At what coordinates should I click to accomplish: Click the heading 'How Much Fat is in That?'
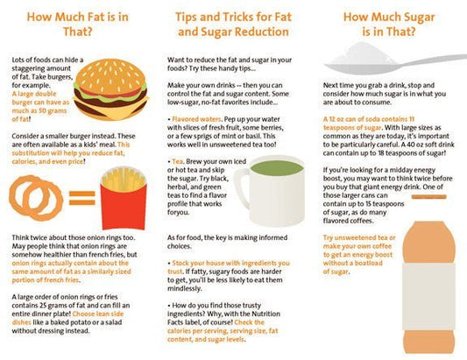[77, 25]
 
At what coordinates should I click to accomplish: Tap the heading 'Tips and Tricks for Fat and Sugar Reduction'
[233, 25]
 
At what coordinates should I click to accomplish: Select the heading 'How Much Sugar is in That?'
[389, 25]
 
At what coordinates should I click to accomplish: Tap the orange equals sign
[81, 198]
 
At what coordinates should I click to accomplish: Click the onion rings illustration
[36, 198]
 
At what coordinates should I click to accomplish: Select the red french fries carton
[124, 207]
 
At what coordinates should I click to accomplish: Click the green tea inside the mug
[276, 168]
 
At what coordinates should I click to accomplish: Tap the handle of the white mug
[241, 187]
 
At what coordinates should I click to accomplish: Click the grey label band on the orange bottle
[428, 297]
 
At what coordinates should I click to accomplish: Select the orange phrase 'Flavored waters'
[196, 119]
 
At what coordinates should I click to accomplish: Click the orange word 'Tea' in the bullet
[178, 161]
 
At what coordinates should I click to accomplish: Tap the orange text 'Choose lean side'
[98, 314]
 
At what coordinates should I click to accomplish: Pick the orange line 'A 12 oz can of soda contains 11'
[369, 119]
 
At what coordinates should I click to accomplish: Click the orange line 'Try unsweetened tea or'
[359, 237]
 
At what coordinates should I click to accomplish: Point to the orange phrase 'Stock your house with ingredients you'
[230, 264]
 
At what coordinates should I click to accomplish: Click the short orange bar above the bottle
[428, 197]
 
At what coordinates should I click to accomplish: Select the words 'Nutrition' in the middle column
[266, 314]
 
